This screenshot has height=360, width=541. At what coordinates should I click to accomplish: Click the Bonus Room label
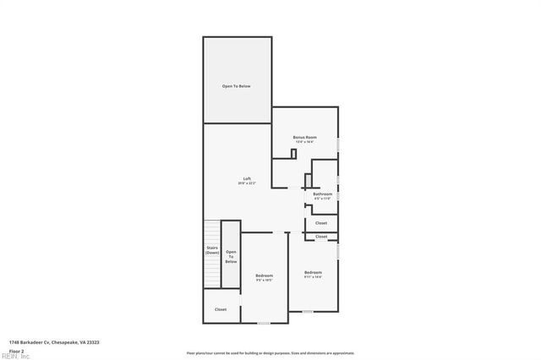pyautogui.click(x=304, y=136)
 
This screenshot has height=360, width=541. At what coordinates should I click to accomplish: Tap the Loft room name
pyautogui.click(x=247, y=178)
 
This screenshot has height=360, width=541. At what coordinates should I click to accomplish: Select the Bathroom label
pyautogui.click(x=323, y=194)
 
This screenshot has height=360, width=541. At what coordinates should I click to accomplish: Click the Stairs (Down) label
pyautogui.click(x=212, y=250)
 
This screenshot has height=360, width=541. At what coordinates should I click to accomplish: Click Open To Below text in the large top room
pyautogui.click(x=237, y=86)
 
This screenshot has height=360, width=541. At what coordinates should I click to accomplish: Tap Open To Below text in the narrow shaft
pyautogui.click(x=231, y=257)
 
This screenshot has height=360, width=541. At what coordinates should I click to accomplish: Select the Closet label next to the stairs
pyautogui.click(x=220, y=309)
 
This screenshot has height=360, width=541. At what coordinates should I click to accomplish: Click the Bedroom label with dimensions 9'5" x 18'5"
pyautogui.click(x=265, y=275)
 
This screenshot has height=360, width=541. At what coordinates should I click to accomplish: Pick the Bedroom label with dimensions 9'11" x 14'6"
pyautogui.click(x=313, y=271)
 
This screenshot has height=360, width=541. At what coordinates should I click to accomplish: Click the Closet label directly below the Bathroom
pyautogui.click(x=321, y=223)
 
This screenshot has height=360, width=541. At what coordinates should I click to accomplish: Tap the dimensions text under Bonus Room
pyautogui.click(x=304, y=141)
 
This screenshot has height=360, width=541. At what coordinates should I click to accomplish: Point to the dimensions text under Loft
pyautogui.click(x=247, y=183)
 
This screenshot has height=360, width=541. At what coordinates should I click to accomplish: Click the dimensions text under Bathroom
pyautogui.click(x=323, y=199)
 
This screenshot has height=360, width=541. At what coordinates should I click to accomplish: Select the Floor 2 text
pyautogui.click(x=15, y=350)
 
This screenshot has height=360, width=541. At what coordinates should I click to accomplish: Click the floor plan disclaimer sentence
pyautogui.click(x=270, y=352)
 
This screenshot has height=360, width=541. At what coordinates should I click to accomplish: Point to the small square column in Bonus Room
pyautogui.click(x=293, y=153)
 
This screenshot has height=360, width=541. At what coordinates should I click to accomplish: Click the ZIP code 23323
pyautogui.click(x=91, y=342)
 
